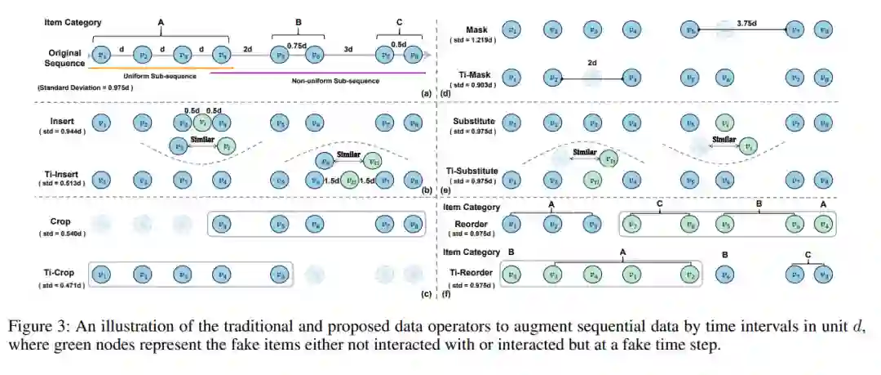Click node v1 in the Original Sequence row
point(102,55)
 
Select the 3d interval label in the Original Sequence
point(349,48)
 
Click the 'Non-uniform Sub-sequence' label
point(328,82)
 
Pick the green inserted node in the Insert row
point(203,123)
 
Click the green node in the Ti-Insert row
point(351,180)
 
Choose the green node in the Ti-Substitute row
point(595,180)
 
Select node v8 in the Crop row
point(414,222)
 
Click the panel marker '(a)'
point(425,94)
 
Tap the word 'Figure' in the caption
point(29,327)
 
